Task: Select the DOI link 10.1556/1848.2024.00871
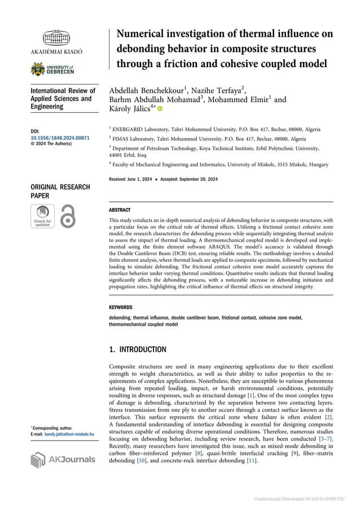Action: tap(60, 138)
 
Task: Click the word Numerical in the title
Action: tap(141, 34)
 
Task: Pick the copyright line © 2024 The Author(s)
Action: tap(51, 144)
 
